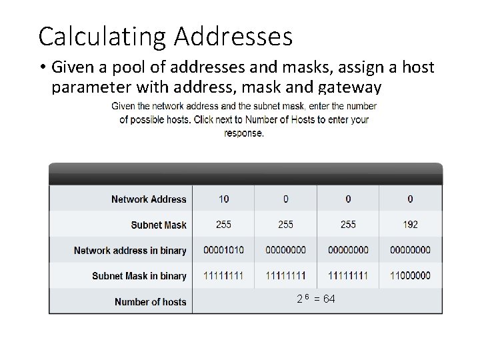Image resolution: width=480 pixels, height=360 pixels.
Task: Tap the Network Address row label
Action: click(x=149, y=199)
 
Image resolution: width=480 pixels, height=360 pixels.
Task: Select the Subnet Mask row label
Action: click(x=159, y=225)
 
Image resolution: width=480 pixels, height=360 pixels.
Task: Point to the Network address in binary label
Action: click(x=130, y=251)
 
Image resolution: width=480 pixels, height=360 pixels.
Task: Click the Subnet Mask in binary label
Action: click(x=139, y=276)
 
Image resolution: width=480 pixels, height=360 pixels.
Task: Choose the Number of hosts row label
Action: click(x=151, y=301)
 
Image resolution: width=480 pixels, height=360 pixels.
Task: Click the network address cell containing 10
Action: click(x=223, y=199)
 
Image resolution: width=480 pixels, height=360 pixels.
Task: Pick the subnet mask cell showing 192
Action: click(x=410, y=225)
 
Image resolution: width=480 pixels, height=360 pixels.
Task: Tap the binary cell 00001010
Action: click(x=223, y=251)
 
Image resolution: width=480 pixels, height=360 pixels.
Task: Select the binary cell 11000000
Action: click(x=410, y=276)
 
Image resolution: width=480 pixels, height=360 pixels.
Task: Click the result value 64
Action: click(x=329, y=299)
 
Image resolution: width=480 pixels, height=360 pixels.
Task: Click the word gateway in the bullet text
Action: click(x=349, y=87)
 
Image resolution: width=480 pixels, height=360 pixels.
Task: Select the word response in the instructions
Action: click(x=244, y=133)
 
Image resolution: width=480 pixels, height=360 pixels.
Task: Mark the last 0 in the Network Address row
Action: click(x=410, y=199)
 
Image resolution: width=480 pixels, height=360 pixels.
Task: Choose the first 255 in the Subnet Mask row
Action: click(x=223, y=225)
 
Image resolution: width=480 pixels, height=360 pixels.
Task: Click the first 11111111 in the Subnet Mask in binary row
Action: click(x=223, y=276)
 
